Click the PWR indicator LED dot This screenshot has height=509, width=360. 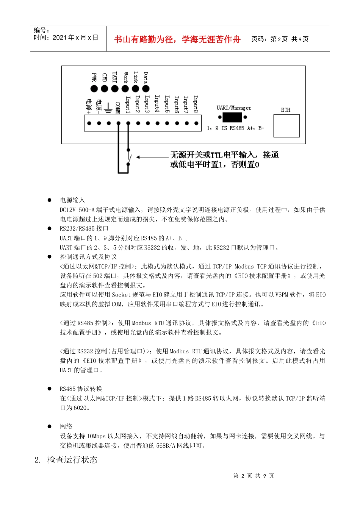pyautogui.click(x=94, y=89)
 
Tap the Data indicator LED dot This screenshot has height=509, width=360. pyautogui.click(x=146, y=89)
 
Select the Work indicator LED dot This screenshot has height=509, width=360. pyautogui.click(x=125, y=89)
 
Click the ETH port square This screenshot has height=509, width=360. pyautogui.click(x=286, y=125)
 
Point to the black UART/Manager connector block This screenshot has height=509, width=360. pyautogui.click(x=232, y=117)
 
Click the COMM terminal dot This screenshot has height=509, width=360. pyautogui.click(x=119, y=123)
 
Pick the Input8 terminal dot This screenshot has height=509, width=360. pyautogui.click(x=196, y=123)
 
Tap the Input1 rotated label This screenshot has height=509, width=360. pyautogui.click(x=128, y=104)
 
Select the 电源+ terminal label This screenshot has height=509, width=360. pyautogui.click(x=89, y=106)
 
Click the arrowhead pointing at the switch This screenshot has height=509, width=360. pyautogui.click(x=138, y=157)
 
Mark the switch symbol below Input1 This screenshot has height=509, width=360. pyautogui.click(x=129, y=157)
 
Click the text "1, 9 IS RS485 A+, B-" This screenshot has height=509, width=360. pyautogui.click(x=235, y=128)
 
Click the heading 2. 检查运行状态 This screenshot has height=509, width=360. pyautogui.click(x=66, y=460)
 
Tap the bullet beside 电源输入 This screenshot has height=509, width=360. pyautogui.click(x=49, y=200)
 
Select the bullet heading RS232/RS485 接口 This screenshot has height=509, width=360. pyautogui.click(x=84, y=228)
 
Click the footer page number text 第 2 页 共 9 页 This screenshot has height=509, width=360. pyautogui.click(x=254, y=476)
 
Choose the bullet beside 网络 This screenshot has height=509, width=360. pyautogui.click(x=49, y=426)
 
